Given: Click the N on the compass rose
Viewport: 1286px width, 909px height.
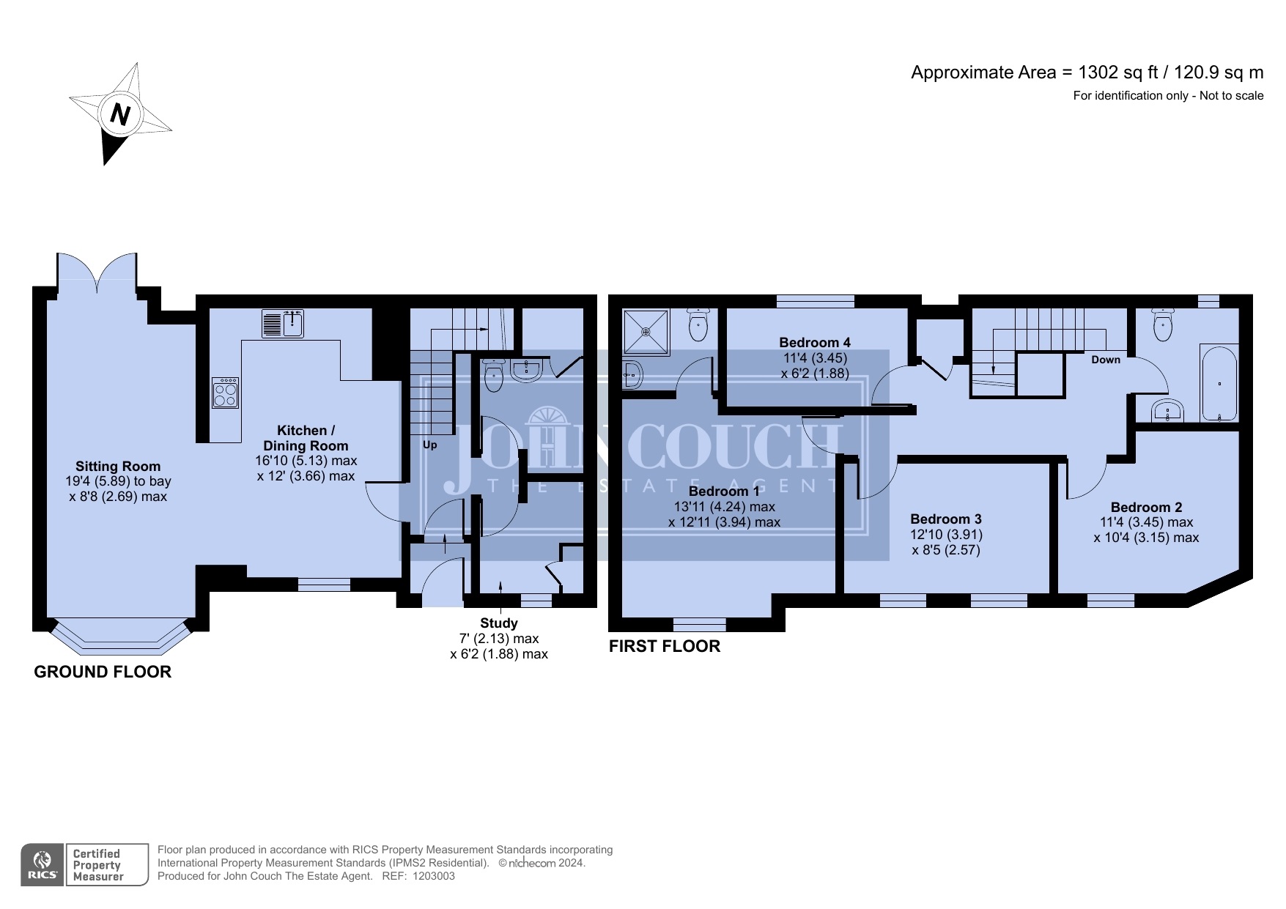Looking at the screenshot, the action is point(120,114).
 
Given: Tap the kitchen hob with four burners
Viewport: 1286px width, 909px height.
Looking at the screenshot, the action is point(226,393).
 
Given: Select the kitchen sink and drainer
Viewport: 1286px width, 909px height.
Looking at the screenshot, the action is point(283,323).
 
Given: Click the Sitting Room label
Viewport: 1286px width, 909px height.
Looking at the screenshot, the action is point(118,467).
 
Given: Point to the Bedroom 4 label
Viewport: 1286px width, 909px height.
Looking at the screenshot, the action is point(815,342).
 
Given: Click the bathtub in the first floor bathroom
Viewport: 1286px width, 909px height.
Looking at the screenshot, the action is point(1219,383).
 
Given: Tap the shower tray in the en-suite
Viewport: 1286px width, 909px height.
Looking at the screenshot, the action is point(646,332).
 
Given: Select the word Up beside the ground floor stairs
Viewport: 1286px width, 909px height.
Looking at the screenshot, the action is point(430,445).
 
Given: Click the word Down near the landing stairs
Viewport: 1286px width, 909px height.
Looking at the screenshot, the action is point(1106,360).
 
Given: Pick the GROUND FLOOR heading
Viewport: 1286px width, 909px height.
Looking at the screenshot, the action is point(103,672).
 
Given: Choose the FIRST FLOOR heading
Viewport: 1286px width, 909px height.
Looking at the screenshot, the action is point(665,646).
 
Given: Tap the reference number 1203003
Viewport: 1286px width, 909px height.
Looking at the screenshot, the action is point(434,876).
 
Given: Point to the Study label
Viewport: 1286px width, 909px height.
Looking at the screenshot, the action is point(499,623).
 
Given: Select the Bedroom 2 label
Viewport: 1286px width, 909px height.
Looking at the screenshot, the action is point(1146,507).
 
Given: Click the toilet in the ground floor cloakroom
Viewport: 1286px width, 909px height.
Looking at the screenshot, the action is point(495,374).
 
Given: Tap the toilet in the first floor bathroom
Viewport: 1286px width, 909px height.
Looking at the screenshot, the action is point(1163,324).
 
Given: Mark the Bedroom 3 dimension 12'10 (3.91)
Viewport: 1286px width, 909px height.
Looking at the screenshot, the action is point(946,535).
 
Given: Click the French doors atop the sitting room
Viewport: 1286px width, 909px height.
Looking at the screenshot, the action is point(97,272).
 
